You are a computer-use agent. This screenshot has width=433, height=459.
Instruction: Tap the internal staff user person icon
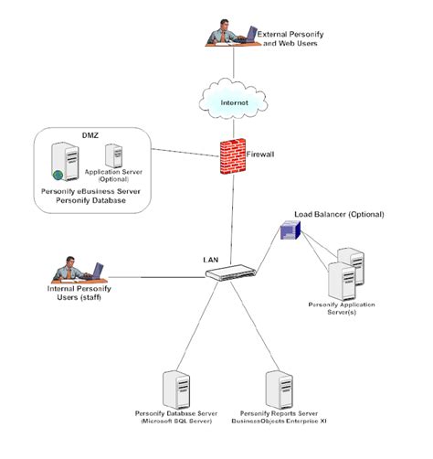tap(79, 271)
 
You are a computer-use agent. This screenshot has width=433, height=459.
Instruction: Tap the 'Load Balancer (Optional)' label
tap(338, 214)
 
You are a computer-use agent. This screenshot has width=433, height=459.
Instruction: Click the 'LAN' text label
tap(210, 260)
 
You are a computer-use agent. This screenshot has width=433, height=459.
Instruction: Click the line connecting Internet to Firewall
tap(233, 129)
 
